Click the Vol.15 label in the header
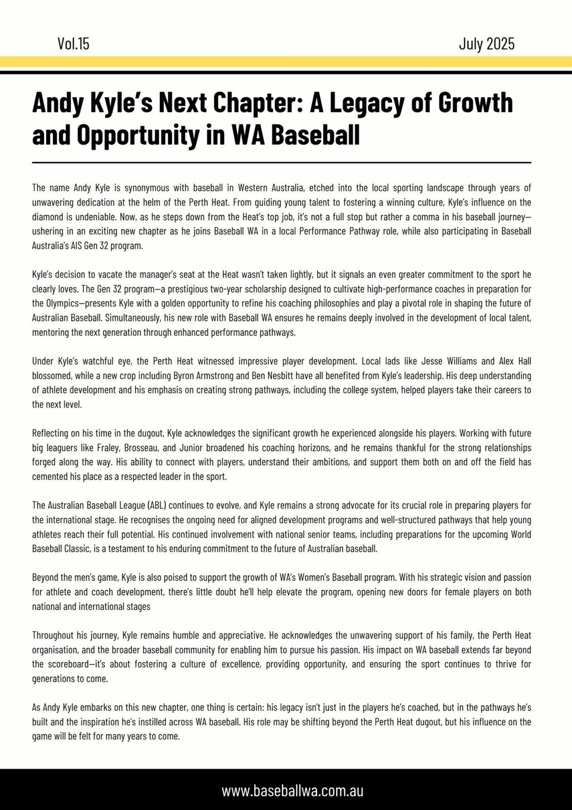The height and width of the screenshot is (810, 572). (x=73, y=44)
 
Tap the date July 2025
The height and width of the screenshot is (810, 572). (x=487, y=44)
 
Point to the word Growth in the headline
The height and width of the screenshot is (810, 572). (x=475, y=103)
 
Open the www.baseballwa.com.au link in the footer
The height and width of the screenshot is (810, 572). (x=292, y=791)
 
